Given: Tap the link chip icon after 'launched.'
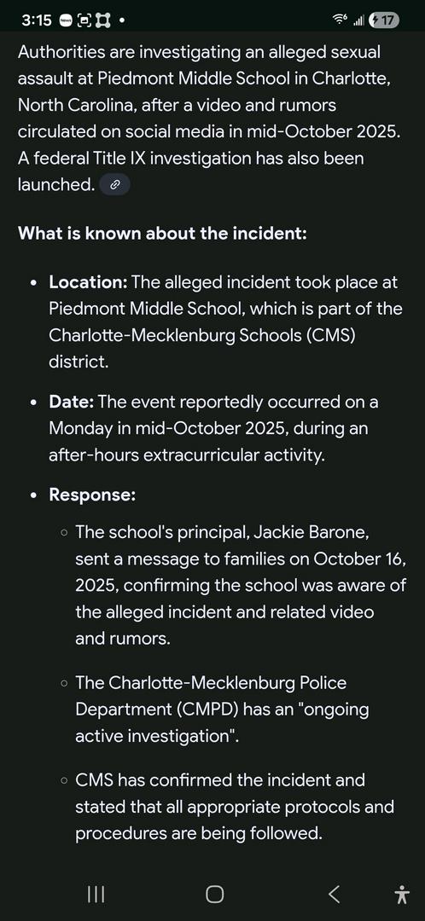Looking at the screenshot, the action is pyautogui.click(x=115, y=184).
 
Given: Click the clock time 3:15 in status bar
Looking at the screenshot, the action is pyautogui.click(x=37, y=20).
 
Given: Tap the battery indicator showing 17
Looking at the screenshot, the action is pyautogui.click(x=383, y=20).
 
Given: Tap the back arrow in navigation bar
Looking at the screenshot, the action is pyautogui.click(x=335, y=893).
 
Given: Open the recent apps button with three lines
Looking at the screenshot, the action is pyautogui.click(x=96, y=893).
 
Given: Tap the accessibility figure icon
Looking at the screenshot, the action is pyautogui.click(x=402, y=893).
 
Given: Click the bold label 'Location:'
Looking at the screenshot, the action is pyautogui.click(x=88, y=282).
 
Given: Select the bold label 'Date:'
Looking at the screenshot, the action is pyautogui.click(x=72, y=402).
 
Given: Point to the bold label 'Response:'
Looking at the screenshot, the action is pyautogui.click(x=92, y=495).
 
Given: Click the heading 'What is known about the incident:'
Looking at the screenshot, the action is pyautogui.click(x=162, y=233).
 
